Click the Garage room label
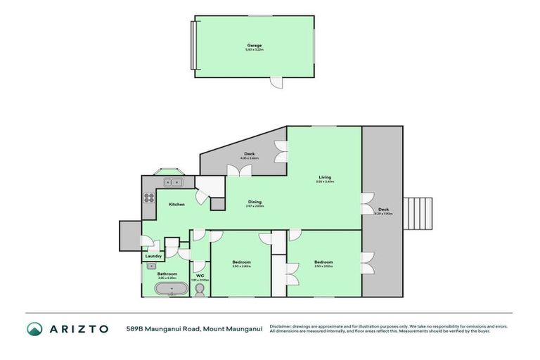254,45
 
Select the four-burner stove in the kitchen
149,199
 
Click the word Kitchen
176,204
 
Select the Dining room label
254,202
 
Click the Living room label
324,177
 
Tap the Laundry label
153,257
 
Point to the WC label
200,276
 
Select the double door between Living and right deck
366,203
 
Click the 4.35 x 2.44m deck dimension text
250,158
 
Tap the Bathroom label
167,274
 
